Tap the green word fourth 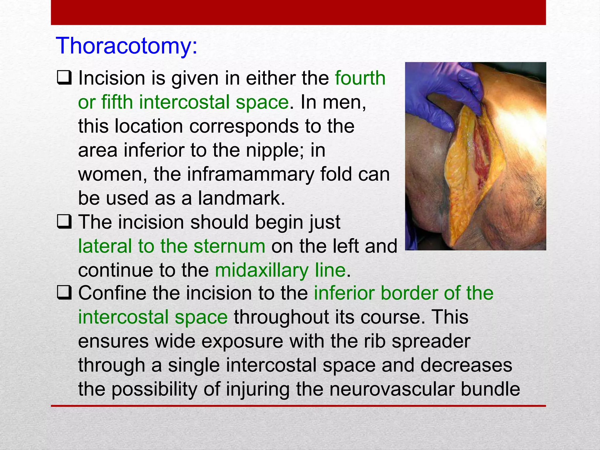pyautogui.click(x=360, y=78)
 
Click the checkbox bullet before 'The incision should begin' pyautogui.click(x=64, y=222)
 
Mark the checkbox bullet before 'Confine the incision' pyautogui.click(x=64, y=293)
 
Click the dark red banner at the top pyautogui.click(x=298, y=12)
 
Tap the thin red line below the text pyautogui.click(x=298, y=406)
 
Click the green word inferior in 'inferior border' pyautogui.click(x=344, y=293)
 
